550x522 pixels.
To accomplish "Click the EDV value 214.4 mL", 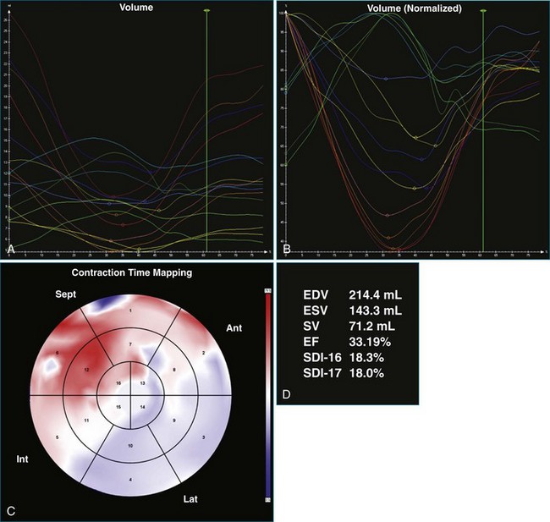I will click(375, 294).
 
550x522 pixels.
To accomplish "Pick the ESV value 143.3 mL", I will click(375, 310).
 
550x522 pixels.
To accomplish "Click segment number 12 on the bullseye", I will click(86, 370).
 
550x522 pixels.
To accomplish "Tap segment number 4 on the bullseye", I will click(129, 479).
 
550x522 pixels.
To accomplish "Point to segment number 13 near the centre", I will click(141, 383).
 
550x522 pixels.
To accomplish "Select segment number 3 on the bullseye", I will click(203, 437).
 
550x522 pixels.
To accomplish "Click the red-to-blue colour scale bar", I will click(267, 394).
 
